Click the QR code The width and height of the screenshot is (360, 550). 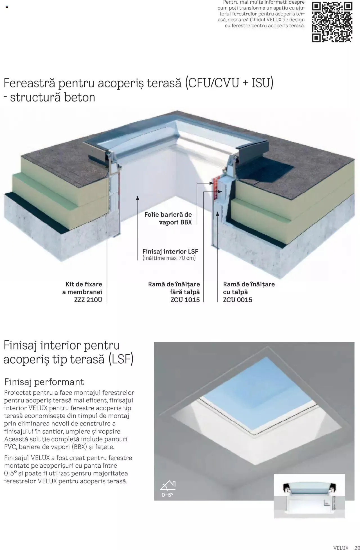332,22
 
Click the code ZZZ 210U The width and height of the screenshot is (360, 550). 88,300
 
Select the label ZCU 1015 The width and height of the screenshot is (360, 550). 185,300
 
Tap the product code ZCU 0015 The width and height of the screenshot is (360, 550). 238,300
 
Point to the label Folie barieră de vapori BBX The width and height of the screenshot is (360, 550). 168,218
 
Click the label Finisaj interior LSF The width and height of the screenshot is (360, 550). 170,251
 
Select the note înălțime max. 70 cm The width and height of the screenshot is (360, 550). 169,258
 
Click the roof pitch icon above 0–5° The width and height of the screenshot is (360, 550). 168,485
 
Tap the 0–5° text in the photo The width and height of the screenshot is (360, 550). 167,495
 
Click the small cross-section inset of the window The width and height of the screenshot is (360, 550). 309,496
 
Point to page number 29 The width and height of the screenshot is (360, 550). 357,547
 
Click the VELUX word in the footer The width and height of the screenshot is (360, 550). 341,547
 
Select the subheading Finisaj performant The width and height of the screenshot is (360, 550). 44,382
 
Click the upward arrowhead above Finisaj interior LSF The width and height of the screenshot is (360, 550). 138,198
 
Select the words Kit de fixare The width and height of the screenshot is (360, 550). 84,284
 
